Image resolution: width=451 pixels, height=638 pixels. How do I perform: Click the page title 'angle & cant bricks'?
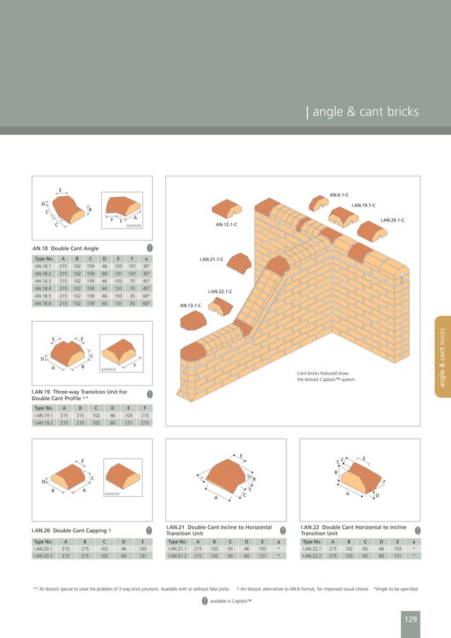(x=365, y=112)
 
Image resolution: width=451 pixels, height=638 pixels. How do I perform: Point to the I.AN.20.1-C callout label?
(x=392, y=220)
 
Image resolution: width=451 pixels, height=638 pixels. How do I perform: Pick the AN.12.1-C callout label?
(x=225, y=224)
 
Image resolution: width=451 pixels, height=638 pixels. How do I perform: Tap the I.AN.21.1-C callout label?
(x=211, y=260)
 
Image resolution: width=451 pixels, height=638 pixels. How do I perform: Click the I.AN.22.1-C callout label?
(x=220, y=291)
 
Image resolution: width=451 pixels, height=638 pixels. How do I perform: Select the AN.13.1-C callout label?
(x=191, y=305)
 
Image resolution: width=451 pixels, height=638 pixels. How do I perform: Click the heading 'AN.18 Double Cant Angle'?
(x=66, y=248)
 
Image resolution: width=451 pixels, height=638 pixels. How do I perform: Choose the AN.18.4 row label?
(x=45, y=288)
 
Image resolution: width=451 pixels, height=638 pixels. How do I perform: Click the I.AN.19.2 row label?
(x=45, y=423)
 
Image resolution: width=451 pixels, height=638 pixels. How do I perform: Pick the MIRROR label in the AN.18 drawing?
(x=134, y=226)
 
